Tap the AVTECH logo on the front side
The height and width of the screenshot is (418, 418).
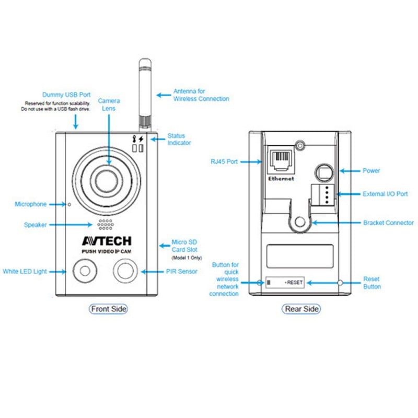pyautogui.click(x=107, y=241)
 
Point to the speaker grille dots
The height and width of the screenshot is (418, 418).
pyautogui.click(x=104, y=225)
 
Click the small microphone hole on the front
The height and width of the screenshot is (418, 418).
pyautogui.click(x=69, y=204)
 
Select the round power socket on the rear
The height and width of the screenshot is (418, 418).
pyautogui.click(x=323, y=171)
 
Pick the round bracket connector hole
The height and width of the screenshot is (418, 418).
pyautogui.click(x=299, y=222)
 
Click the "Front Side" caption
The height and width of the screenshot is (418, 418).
pyautogui.click(x=109, y=309)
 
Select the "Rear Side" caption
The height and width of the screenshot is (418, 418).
pyautogui.click(x=301, y=309)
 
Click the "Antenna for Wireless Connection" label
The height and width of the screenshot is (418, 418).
pyautogui.click(x=201, y=95)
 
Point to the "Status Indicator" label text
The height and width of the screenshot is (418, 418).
pyautogui.click(x=179, y=140)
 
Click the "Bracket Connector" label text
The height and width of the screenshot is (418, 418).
pyautogui.click(x=388, y=223)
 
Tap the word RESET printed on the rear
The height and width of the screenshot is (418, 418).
pyautogui.click(x=295, y=283)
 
